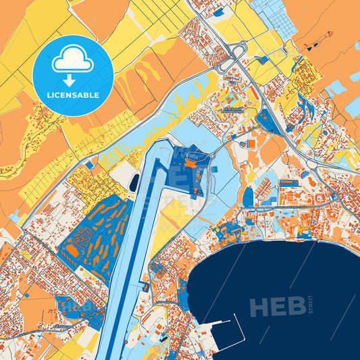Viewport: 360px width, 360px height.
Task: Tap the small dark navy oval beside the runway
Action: (134, 182)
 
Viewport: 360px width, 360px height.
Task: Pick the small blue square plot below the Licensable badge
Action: (89, 165)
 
